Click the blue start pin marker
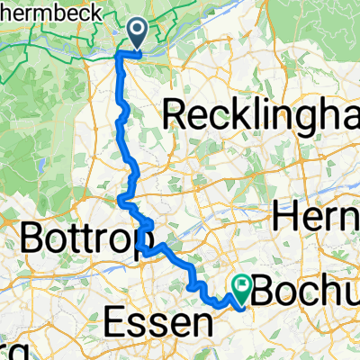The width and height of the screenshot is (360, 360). pyautogui.click(x=139, y=34)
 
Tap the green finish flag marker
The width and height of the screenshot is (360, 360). pyautogui.click(x=242, y=287)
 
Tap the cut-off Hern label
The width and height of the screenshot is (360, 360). pyautogui.click(x=315, y=217)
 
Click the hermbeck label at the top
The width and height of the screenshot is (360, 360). pyautogui.click(x=36, y=11)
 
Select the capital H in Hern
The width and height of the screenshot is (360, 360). pyautogui.click(x=284, y=217)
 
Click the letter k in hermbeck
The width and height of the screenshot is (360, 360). pyautogui.click(x=67, y=11)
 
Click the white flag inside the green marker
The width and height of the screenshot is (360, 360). pyautogui.click(x=242, y=285)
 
